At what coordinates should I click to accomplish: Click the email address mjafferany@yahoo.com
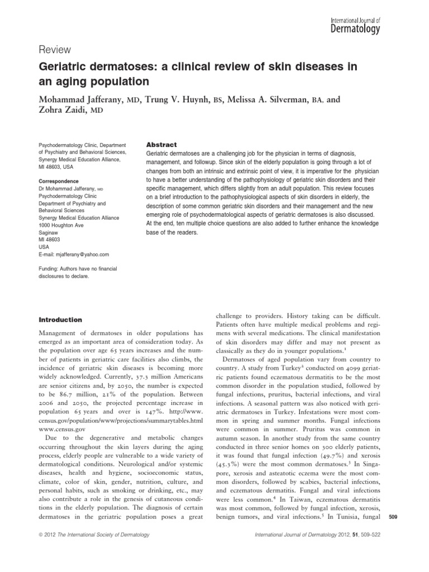point(82,254)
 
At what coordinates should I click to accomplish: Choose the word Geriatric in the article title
point(63,67)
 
